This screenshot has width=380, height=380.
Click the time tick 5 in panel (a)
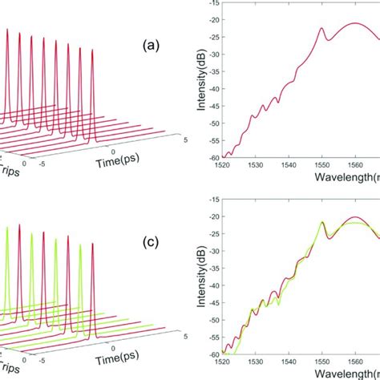point(186,140)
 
